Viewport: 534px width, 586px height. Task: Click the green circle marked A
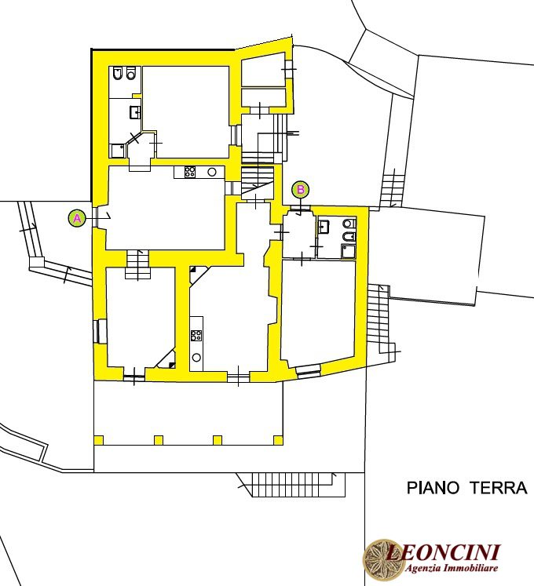77,218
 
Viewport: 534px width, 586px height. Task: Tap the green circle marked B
301,190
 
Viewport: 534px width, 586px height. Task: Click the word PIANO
433,488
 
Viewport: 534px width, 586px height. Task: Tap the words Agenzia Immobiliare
452,569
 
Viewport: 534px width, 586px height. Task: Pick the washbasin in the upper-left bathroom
135,112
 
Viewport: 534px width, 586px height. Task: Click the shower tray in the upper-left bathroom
117,151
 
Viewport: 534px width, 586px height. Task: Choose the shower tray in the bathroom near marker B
349,251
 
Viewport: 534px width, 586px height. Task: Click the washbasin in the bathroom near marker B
324,227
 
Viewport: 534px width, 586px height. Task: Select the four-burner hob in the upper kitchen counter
190,172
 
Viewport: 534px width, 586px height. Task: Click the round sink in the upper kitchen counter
212,172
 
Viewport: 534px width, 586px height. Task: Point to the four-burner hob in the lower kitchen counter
196,336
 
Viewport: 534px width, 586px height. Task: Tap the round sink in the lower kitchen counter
196,358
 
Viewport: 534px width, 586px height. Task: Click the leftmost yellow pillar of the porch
99,440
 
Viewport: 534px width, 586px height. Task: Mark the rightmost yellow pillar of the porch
278,440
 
